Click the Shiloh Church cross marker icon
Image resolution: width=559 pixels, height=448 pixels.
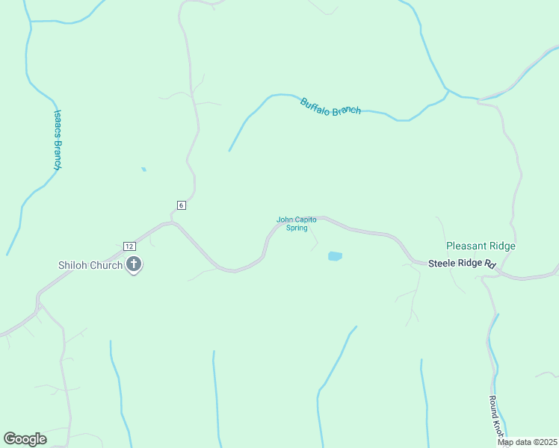pyautogui.click(x=135, y=264)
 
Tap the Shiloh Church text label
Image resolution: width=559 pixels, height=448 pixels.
pyautogui.click(x=90, y=265)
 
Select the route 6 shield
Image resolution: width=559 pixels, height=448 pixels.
pyautogui.click(x=181, y=205)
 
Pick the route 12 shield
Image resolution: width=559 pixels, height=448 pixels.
pyautogui.click(x=129, y=246)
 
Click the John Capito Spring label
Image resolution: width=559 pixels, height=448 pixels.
pyautogui.click(x=297, y=223)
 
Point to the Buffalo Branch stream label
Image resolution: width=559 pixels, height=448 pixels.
pyautogui.click(x=330, y=106)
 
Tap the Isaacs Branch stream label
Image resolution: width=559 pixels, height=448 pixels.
pyautogui.click(x=57, y=140)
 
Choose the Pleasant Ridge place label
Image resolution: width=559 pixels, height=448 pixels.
pyautogui.click(x=481, y=246)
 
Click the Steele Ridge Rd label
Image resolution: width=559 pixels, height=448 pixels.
pyautogui.click(x=463, y=264)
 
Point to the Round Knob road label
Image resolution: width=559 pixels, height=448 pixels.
pyautogui.click(x=496, y=417)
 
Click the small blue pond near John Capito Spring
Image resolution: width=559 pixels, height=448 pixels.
pyautogui.click(x=335, y=256)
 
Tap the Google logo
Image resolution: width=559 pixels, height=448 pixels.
pyautogui.click(x=25, y=439)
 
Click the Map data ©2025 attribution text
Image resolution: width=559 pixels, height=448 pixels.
pyautogui.click(x=527, y=442)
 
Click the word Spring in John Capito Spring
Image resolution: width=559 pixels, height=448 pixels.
pyautogui.click(x=297, y=228)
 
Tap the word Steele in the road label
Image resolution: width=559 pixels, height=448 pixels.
pyautogui.click(x=442, y=264)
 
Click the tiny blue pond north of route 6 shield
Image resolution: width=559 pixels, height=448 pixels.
pyautogui.click(x=143, y=169)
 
